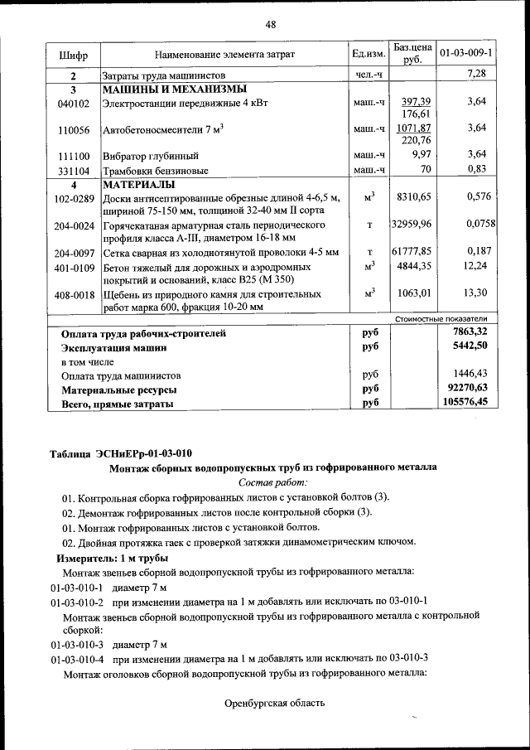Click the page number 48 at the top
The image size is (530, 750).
270,25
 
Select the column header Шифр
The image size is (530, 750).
73,55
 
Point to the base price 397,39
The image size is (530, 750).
413,100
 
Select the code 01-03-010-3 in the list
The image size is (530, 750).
76,643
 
